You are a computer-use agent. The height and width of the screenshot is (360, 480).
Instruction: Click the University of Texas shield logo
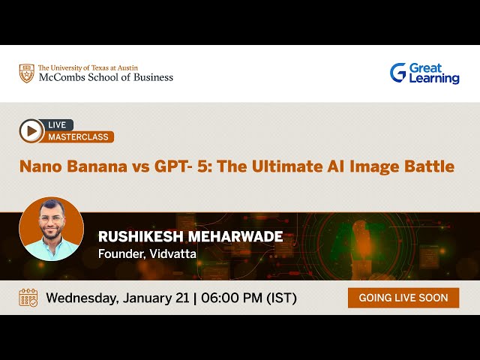[x=26, y=73]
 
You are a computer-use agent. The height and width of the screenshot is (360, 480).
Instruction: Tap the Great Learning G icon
[x=397, y=73]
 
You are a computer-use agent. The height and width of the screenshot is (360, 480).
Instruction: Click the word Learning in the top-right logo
[x=434, y=79]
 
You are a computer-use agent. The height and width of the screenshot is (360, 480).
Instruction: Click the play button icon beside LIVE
[x=31, y=131]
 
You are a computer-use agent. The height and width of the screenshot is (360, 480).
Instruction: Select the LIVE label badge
[x=57, y=124]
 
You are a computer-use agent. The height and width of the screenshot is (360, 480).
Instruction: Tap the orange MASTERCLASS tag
[x=79, y=137]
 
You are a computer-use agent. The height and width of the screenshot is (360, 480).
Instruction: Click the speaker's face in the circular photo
[x=51, y=224]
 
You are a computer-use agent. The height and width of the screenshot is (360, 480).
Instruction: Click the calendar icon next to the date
[x=28, y=298]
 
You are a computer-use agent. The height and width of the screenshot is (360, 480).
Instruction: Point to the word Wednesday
[x=81, y=298]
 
